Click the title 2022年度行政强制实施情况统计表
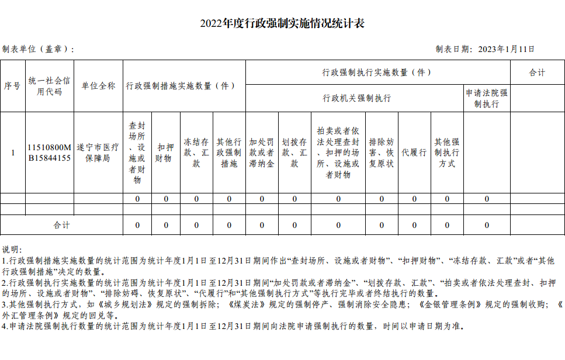(282, 24)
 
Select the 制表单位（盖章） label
(37, 50)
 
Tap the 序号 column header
(12, 86)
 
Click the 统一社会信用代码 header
(49, 86)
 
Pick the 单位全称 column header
(98, 86)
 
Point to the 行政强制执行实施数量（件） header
(377, 72)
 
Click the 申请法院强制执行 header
(486, 98)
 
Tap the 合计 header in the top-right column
(536, 72)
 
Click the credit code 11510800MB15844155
(49, 153)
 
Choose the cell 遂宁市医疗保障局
(98, 153)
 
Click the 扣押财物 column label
(165, 153)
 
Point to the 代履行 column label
(414, 153)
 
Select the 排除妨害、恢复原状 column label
(381, 153)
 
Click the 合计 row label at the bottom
(61, 225)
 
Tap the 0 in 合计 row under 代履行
(414, 225)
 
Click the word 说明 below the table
(12, 250)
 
